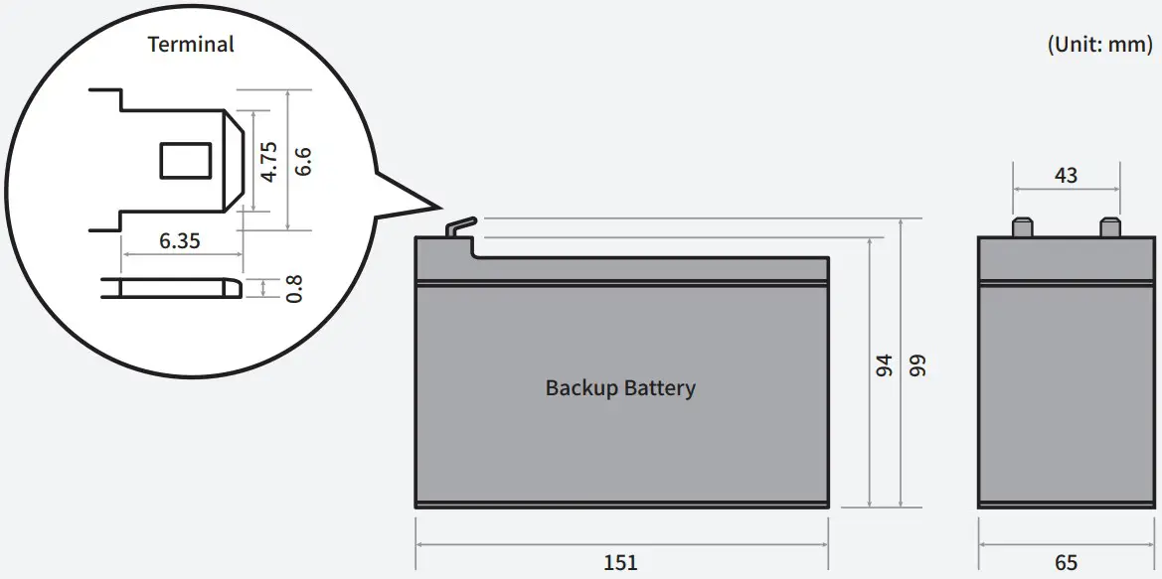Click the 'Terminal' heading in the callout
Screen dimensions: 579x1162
[191, 45]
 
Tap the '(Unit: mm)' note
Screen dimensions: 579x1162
[1099, 45]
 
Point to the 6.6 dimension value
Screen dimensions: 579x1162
[303, 161]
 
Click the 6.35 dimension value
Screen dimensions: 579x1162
[179, 241]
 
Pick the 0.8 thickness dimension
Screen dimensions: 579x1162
[293, 288]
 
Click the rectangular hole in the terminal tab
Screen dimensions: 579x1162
[186, 161]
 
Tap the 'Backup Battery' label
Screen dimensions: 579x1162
[620, 387]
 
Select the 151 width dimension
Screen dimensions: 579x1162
[620, 562]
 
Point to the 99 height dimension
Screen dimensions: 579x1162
[916, 365]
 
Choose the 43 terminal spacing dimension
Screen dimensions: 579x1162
[1066, 176]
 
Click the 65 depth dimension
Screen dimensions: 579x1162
[1066, 562]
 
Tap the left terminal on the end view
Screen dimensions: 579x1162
[1020, 227]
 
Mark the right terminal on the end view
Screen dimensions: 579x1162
[1110, 227]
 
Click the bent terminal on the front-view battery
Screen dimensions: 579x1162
[459, 227]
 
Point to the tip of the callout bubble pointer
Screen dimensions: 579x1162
[438, 208]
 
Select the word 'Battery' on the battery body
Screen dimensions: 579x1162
[659, 387]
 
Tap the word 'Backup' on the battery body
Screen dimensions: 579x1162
[581, 387]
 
